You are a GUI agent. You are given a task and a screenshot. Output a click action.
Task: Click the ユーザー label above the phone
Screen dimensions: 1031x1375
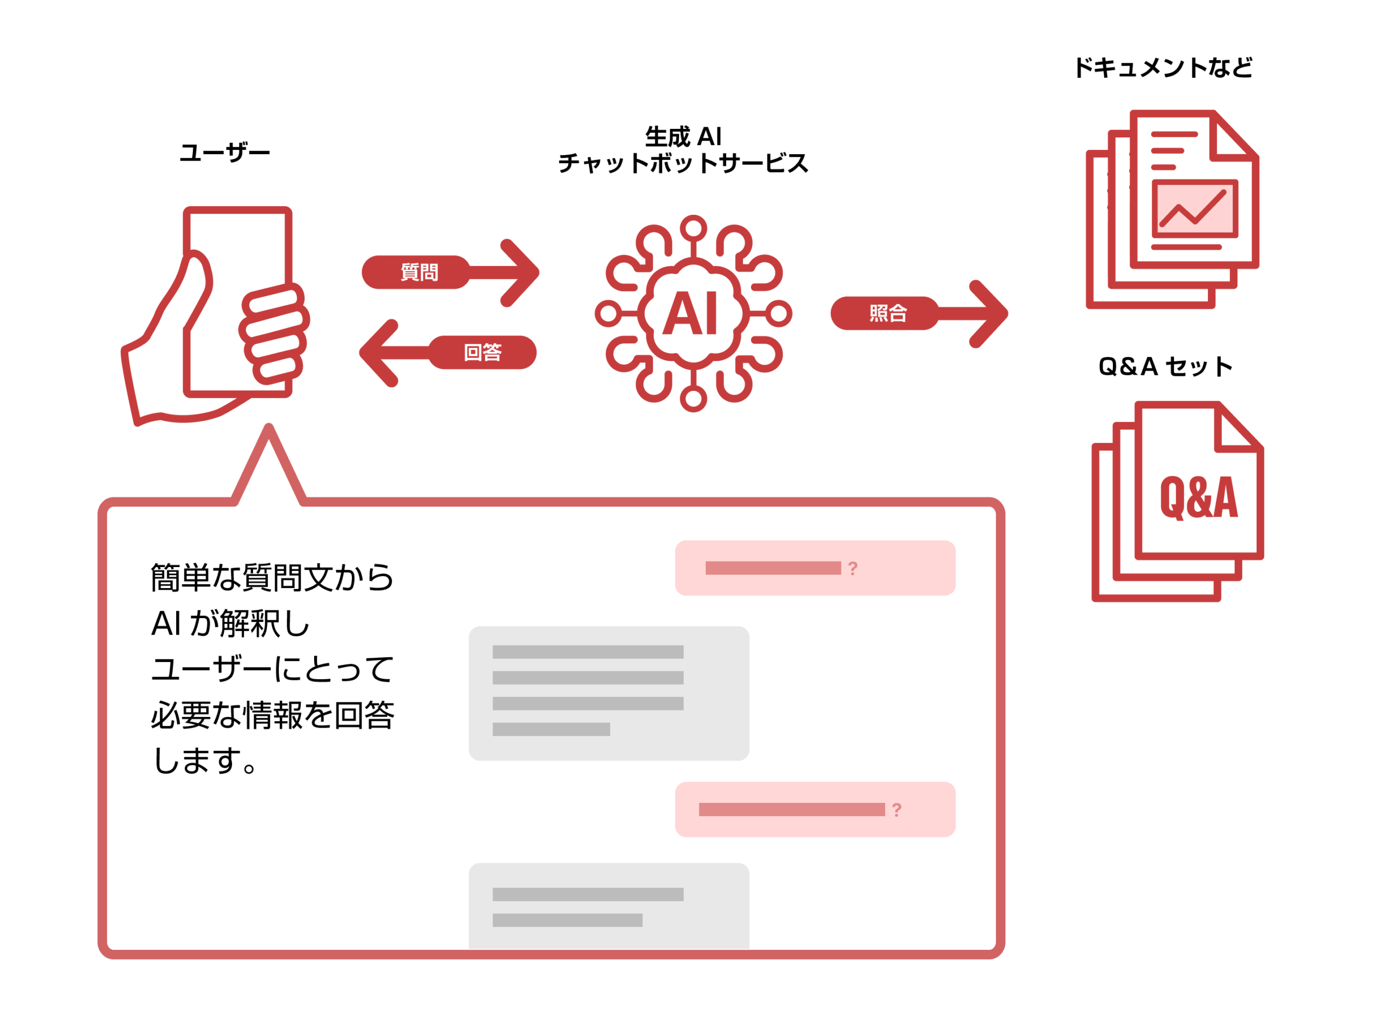click(225, 153)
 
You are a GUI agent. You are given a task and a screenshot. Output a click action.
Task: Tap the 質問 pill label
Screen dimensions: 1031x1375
click(419, 272)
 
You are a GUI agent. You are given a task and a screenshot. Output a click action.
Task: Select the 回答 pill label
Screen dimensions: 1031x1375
click(482, 352)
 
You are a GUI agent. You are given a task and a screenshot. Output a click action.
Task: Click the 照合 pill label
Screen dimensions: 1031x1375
click(888, 313)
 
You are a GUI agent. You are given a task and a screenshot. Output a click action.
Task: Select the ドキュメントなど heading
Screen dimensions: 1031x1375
click(1163, 68)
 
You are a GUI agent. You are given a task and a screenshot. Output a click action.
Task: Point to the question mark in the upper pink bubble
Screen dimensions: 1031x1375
click(853, 568)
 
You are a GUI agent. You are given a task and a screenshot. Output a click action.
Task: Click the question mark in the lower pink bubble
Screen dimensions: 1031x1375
click(896, 810)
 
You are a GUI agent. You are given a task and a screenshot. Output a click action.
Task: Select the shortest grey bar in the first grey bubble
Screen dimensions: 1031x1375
click(551, 729)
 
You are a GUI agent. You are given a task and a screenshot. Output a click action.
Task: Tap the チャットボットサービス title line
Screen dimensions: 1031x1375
click(683, 163)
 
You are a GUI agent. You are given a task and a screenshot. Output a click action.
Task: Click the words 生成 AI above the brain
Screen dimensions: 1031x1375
click(683, 136)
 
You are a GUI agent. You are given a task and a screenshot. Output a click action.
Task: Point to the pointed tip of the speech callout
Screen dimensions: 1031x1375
click(269, 429)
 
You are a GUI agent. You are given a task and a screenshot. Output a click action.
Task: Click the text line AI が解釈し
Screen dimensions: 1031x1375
click(230, 623)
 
